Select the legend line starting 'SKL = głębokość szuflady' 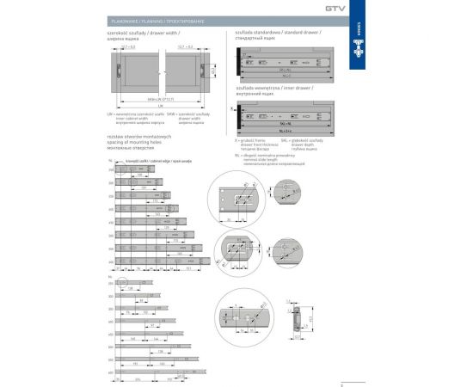[x=306, y=137]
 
